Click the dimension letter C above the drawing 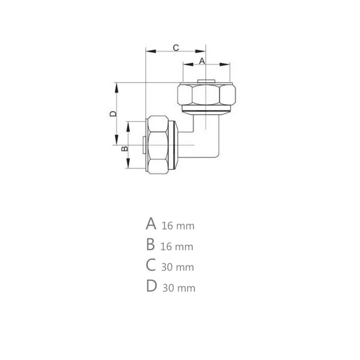tap(176, 47)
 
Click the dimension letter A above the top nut tap(202, 60)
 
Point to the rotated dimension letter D tap(113, 114)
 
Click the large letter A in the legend tap(151, 224)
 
